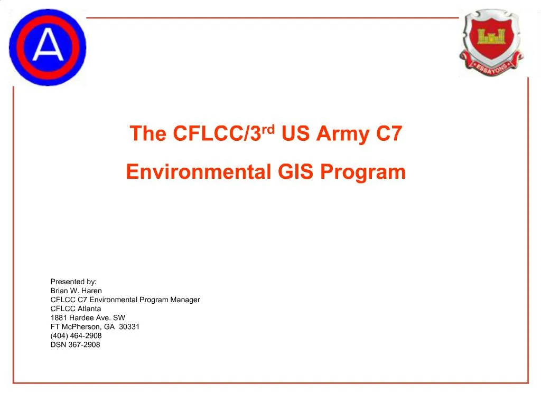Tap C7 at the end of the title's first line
click(389, 134)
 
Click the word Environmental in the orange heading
click(198, 172)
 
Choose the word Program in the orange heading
click(362, 172)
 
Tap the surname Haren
click(91, 291)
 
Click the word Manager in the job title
click(185, 300)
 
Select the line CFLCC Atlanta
click(76, 308)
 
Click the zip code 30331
click(129, 326)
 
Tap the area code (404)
click(59, 335)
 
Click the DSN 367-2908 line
click(75, 344)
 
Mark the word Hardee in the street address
click(81, 317)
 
